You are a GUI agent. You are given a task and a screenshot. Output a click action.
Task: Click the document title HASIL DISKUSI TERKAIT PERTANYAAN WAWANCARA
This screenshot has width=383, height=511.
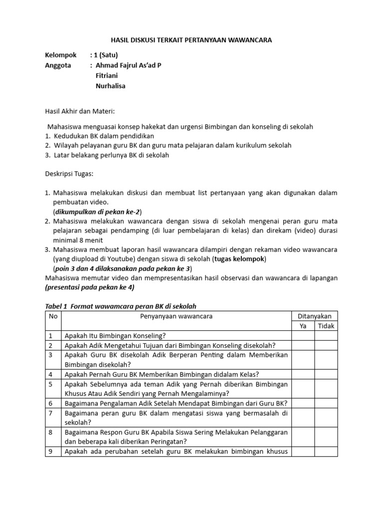coord(191,40)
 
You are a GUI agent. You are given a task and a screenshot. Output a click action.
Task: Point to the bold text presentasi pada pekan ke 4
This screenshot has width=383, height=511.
coord(90,287)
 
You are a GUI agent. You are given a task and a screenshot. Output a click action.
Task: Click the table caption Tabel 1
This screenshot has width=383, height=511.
coord(56,306)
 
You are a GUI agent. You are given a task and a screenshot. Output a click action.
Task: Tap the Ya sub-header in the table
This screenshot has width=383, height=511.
coord(303,326)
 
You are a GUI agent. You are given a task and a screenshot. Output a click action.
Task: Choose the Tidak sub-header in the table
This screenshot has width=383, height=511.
coord(326,326)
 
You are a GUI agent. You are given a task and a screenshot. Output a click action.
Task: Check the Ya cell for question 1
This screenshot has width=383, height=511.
coord(303,336)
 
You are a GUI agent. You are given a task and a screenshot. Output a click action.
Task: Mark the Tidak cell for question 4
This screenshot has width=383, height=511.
coord(326,374)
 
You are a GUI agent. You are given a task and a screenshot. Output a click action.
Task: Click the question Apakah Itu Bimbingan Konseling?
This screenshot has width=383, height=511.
coord(115,336)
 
